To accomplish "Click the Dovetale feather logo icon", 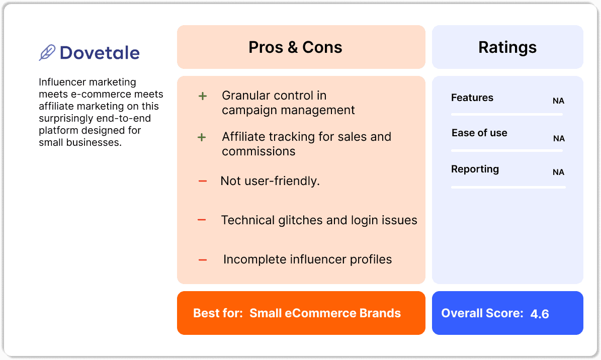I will (x=47, y=53).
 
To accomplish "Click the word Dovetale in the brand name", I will (x=100, y=53).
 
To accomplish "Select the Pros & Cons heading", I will (x=295, y=47).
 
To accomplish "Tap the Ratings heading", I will (x=507, y=47).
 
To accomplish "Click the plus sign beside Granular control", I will (x=202, y=96).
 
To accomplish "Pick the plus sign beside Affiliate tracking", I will (x=202, y=137).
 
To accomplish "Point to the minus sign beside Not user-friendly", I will (x=203, y=181).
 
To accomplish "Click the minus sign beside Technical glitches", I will (x=202, y=220).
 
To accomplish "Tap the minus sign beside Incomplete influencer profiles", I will (x=203, y=259).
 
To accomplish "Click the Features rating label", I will (x=472, y=98).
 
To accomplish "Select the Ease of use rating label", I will (x=479, y=133).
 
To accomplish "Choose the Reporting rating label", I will (x=475, y=169).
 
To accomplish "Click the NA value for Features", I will (x=558, y=101).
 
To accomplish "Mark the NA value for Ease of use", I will (x=559, y=138).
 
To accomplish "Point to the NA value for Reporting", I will (x=558, y=172).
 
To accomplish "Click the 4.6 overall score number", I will (x=539, y=314).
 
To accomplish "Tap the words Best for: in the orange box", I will (x=218, y=313).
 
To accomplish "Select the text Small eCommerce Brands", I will (x=325, y=313).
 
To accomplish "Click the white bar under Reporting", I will (x=508, y=187).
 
